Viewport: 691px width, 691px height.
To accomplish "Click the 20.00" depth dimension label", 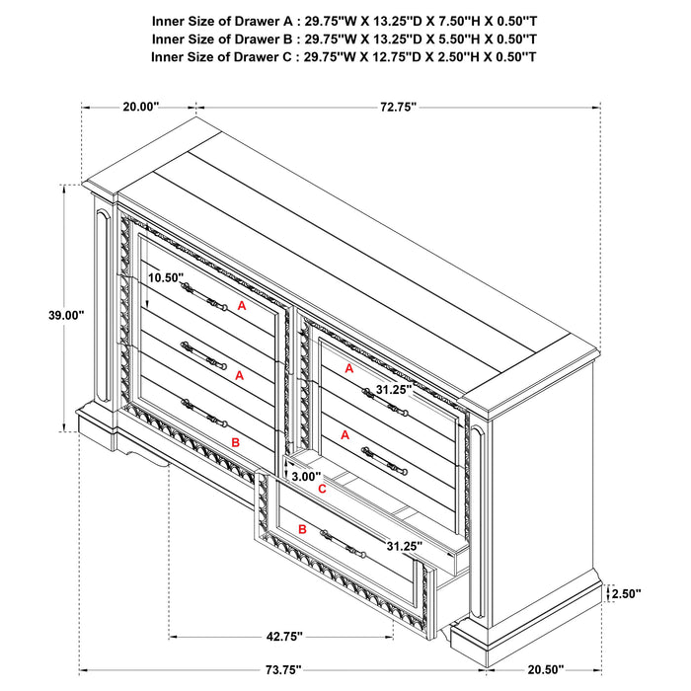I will [141, 106].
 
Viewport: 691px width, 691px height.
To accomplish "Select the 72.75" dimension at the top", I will [396, 106].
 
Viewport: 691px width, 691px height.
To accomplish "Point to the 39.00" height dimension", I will [65, 315].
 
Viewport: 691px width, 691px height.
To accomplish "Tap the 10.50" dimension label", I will [166, 278].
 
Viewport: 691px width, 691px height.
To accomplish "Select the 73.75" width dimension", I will [281, 670].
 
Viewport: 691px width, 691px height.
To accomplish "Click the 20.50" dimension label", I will [546, 670].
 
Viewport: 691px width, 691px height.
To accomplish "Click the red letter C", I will [321, 489].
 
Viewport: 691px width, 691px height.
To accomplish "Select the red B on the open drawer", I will [303, 530].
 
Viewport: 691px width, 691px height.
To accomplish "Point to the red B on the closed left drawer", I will [235, 443].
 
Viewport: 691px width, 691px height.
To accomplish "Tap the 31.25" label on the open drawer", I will [406, 546].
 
